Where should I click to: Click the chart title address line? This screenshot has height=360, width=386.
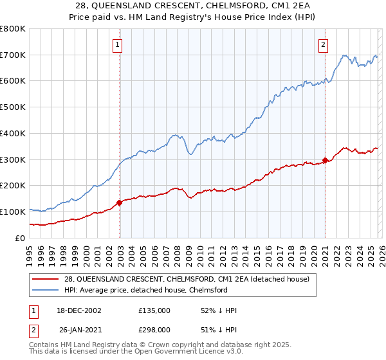point(193,6)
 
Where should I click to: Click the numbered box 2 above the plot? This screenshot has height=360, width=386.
point(322,44)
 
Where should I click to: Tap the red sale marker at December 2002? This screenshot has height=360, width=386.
point(120,203)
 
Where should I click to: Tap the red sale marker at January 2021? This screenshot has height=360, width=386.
point(325,160)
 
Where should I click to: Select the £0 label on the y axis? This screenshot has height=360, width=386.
point(19,238)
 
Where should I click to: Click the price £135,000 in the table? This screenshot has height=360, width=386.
point(154,310)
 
